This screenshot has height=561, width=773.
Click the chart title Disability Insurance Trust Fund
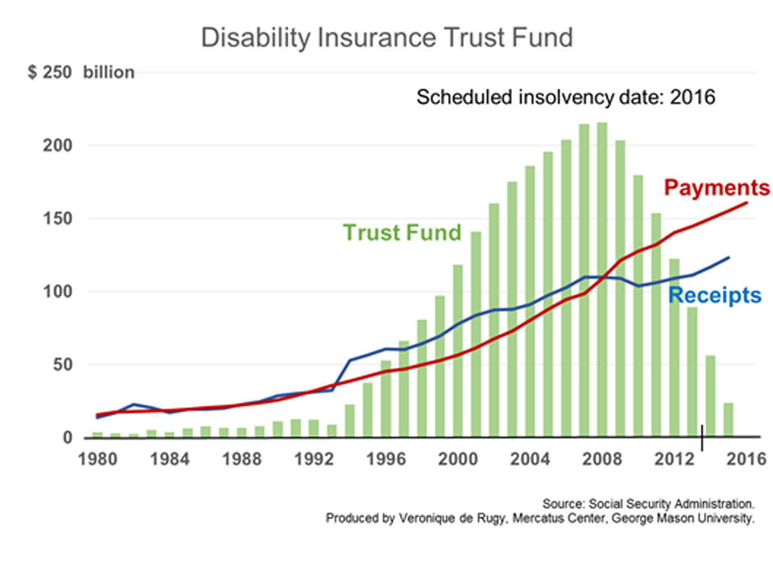tap(386, 38)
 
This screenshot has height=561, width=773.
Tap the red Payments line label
tap(716, 188)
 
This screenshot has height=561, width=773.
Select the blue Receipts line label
tap(714, 296)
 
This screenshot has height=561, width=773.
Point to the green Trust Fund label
tap(402, 232)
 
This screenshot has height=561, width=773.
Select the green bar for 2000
tap(458, 351)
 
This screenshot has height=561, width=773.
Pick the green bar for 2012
tap(674, 348)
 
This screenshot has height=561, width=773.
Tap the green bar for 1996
tap(386, 399)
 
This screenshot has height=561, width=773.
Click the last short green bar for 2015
tap(729, 420)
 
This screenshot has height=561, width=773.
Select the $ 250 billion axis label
tap(81, 72)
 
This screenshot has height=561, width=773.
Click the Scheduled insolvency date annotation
tap(566, 98)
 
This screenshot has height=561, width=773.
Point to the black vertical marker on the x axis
tap(702, 438)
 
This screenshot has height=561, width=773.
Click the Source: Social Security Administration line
tap(648, 504)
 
